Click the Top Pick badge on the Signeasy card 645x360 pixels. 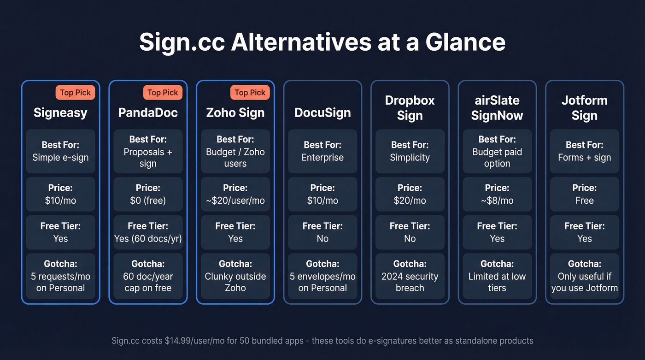coord(76,93)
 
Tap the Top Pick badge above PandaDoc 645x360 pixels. coord(163,93)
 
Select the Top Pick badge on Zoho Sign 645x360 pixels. coord(250,93)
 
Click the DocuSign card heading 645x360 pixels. coord(322,112)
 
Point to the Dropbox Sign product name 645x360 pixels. coord(410,108)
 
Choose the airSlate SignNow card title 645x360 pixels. coord(497,108)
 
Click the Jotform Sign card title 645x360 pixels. coord(584,108)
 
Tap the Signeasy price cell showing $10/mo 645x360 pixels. coord(60,195)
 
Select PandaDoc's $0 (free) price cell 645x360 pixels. coord(148,195)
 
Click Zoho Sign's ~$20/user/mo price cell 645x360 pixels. coord(235,195)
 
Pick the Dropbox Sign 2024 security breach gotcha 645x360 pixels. coord(410,276)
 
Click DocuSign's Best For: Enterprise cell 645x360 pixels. coord(322,151)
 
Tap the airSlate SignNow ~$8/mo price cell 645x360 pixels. coord(497,195)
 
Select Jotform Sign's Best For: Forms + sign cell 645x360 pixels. coord(584,151)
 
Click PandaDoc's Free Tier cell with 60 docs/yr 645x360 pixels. coord(148,232)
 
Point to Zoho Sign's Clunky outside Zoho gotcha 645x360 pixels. coord(235,276)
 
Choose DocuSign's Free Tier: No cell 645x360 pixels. coord(322,232)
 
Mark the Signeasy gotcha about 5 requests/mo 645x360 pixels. coord(60,276)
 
